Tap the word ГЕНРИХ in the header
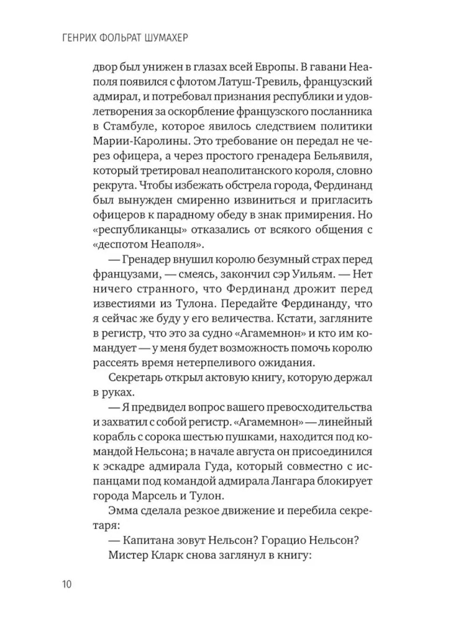click(80, 37)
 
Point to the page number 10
click(67, 584)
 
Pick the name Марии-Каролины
click(141, 141)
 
